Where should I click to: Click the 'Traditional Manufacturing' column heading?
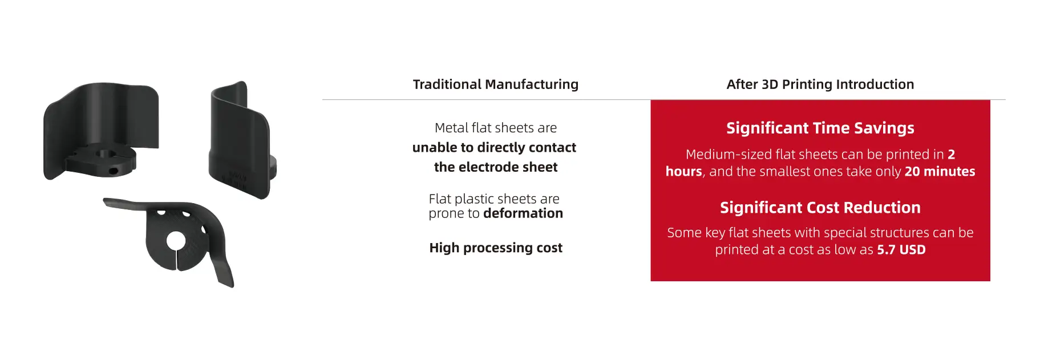(495, 84)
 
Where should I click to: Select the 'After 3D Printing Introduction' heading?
(820, 84)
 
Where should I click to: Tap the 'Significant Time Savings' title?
(820, 128)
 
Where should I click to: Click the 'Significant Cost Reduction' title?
(820, 208)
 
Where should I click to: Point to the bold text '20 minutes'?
(940, 171)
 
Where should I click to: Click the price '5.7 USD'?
(901, 249)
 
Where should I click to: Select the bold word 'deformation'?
(523, 213)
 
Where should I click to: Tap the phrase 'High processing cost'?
(496, 248)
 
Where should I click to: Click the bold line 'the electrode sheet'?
(496, 167)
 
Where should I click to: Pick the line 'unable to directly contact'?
(494, 148)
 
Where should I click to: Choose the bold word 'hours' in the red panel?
(683, 171)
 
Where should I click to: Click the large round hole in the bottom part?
(175, 241)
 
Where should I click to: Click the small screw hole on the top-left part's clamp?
(115, 171)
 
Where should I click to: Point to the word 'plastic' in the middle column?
(474, 199)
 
